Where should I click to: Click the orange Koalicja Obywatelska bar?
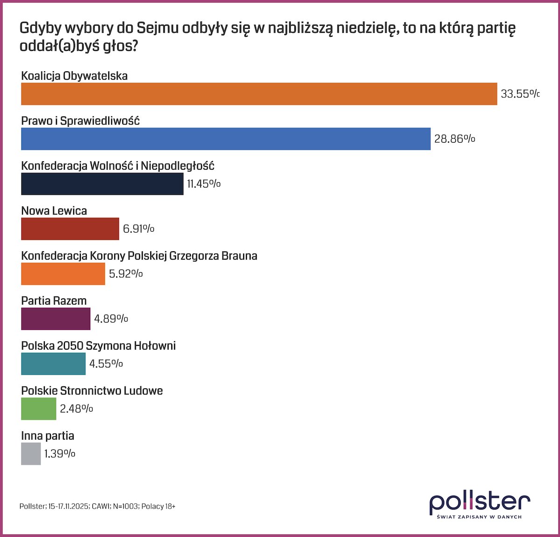pos(259,94)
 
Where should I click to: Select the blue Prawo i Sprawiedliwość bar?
pos(226,139)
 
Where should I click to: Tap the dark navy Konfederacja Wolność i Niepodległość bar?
pos(102,184)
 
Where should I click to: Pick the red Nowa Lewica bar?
pos(70,229)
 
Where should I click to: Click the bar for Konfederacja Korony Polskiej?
pos(63,274)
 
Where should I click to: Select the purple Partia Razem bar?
pos(56,319)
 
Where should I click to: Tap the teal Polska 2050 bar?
pos(53,364)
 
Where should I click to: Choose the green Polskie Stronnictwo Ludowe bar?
pos(39,409)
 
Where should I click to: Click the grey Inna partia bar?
pos(31,454)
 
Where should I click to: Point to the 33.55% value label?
pos(519,94)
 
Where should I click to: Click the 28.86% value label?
pos(455,139)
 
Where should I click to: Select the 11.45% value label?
pos(203,184)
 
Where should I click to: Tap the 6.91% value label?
pos(139,229)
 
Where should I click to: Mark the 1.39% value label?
pos(60,454)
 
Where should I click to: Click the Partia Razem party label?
pos(54,301)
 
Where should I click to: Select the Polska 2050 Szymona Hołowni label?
pos(98,346)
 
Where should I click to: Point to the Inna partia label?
pos(48,436)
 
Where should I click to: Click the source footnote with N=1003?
pos(98,506)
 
